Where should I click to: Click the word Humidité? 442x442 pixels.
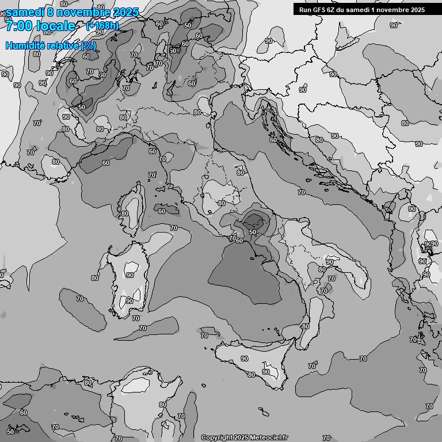pos(22,45)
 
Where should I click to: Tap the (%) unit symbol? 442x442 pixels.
pos(88,45)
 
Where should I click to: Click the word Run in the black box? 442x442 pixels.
pos(305,9)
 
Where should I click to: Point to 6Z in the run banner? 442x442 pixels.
pos(331,9)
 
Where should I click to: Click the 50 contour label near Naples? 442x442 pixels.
pos(253,231)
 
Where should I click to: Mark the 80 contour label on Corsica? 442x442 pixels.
pos(125,214)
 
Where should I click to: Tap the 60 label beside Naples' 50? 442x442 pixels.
pos(239,240)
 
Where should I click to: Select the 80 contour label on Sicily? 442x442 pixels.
pos(252,375)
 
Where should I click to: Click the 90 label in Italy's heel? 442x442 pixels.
pos(330,262)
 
